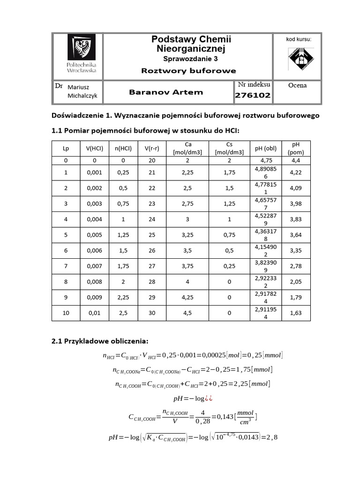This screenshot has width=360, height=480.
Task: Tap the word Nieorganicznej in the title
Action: (x=191, y=49)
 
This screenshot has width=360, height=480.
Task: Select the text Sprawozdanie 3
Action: (x=190, y=59)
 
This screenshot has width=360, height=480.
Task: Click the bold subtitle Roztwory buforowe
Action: (x=189, y=71)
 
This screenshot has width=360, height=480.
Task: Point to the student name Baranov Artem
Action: (x=166, y=92)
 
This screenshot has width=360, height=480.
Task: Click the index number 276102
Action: (x=253, y=95)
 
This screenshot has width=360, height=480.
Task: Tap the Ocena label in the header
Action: (x=298, y=85)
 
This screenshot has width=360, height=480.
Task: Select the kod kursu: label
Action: (x=299, y=39)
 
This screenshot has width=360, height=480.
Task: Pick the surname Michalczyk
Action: (x=82, y=96)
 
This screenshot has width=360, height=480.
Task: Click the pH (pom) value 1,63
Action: (x=296, y=313)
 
